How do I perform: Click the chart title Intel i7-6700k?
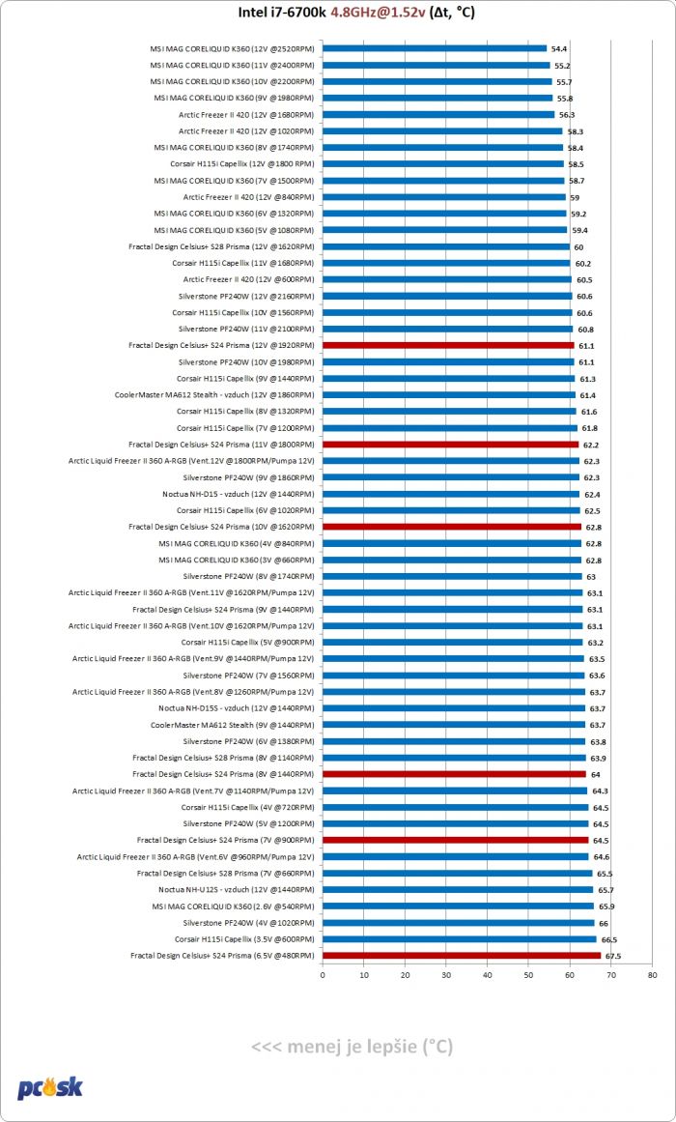(x=282, y=12)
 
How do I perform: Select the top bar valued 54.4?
(x=435, y=48)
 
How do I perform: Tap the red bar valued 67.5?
(x=463, y=955)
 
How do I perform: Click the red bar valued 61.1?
(x=448, y=346)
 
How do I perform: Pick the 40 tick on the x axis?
(x=488, y=974)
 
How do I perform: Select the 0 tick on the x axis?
(x=324, y=974)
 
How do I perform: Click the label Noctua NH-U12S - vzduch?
(x=236, y=889)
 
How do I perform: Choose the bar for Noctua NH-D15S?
(x=454, y=708)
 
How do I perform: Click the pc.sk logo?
(x=50, y=1088)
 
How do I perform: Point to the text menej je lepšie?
(x=352, y=1047)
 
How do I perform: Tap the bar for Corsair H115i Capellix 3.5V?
(x=460, y=938)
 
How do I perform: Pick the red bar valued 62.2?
(x=451, y=445)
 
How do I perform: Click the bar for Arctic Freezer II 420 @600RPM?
(x=448, y=280)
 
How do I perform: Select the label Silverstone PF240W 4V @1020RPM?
(x=248, y=923)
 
